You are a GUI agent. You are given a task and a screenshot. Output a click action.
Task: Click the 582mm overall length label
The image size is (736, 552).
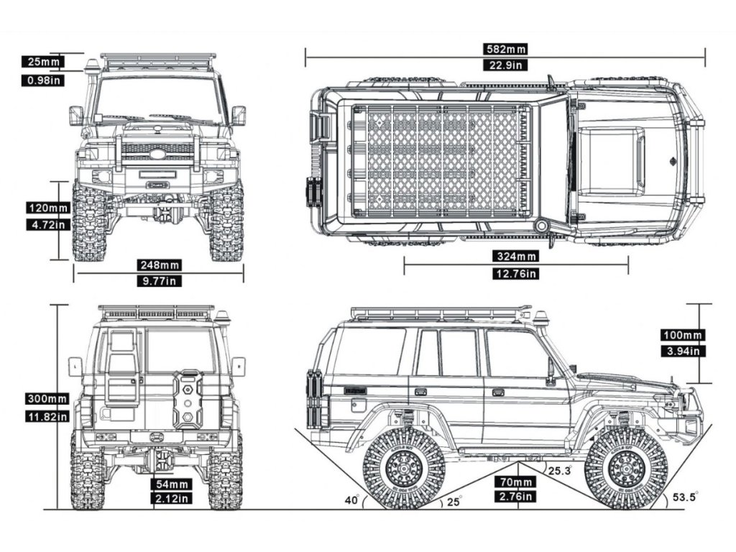point(505,49)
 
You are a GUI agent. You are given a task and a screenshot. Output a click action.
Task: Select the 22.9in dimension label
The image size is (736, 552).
point(505,65)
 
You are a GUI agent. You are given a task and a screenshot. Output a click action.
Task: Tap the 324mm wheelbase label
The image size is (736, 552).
point(516,257)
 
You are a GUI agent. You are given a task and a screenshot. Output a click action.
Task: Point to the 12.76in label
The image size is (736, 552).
point(516,273)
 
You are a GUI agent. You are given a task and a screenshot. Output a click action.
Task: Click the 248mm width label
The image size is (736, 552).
point(160,265)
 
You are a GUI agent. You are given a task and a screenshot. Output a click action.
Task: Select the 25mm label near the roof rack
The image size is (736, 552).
point(42,62)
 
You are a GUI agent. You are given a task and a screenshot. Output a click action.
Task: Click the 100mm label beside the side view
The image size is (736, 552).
point(682,335)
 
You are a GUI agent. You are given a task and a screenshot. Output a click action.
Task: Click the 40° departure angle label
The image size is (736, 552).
point(351,500)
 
